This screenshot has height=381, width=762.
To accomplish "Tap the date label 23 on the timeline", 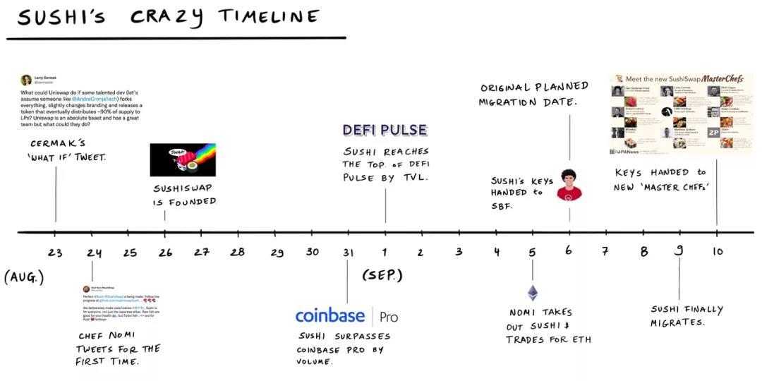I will pyautogui.click(x=55, y=253).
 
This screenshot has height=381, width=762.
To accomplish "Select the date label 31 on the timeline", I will pyautogui.click(x=348, y=253).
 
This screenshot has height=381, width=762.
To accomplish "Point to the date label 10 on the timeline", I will pyautogui.click(x=717, y=251).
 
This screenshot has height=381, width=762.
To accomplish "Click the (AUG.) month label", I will pyautogui.click(x=24, y=277).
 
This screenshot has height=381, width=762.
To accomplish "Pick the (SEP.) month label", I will pyautogui.click(x=382, y=274).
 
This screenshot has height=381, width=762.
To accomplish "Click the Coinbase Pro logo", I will pyautogui.click(x=346, y=316).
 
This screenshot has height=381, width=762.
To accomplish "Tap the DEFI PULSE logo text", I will pyautogui.click(x=385, y=130).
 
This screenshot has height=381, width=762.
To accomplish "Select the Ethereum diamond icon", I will pyautogui.click(x=533, y=293).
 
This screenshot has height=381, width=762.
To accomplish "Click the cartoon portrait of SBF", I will pyautogui.click(x=569, y=185).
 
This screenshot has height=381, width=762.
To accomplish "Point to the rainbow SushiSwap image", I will pyautogui.click(x=183, y=159).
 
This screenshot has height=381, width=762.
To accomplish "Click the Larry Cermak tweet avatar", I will pyautogui.click(x=26, y=80).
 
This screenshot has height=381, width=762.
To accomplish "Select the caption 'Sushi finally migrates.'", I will pyautogui.click(x=686, y=315).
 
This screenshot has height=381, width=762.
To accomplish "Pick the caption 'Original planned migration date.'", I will pyautogui.click(x=533, y=94).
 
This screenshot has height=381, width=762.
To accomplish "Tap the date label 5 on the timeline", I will pyautogui.click(x=533, y=252).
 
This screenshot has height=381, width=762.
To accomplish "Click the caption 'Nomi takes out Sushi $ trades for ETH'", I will pyautogui.click(x=548, y=326).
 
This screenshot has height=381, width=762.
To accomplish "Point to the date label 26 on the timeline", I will pyautogui.click(x=165, y=253).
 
